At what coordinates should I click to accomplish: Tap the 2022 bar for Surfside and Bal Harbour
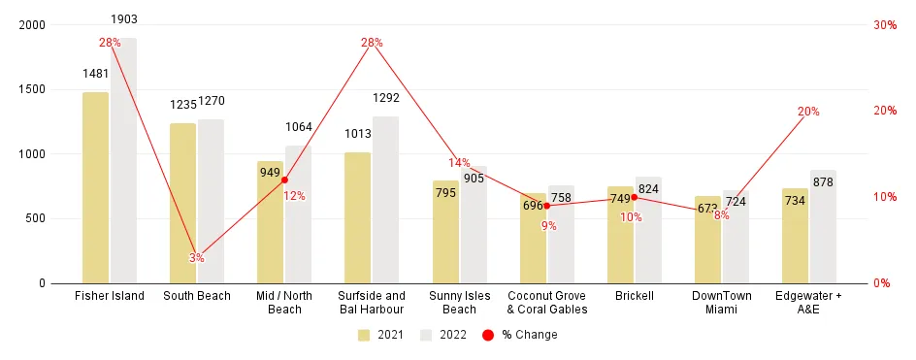386,200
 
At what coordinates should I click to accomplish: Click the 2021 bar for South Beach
182,203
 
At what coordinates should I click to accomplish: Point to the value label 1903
123,19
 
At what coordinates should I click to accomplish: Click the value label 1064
299,127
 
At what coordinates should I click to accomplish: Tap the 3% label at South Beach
197,258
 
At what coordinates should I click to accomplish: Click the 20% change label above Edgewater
808,112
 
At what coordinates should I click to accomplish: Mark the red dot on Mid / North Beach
284,180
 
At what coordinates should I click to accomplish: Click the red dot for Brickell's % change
634,197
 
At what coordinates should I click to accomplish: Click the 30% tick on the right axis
884,24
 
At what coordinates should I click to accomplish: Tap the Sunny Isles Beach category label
459,302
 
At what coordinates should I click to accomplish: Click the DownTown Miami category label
722,302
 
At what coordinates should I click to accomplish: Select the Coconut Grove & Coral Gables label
547,302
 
